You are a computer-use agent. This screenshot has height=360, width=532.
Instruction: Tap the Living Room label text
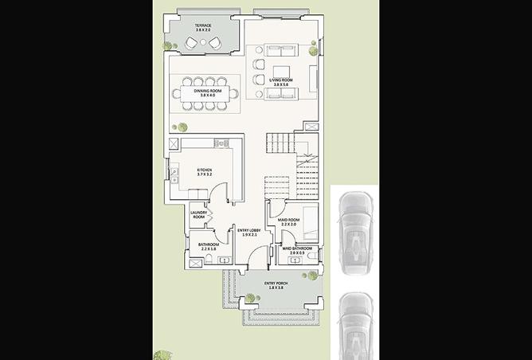click(x=280, y=81)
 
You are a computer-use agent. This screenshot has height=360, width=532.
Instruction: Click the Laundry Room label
click(x=198, y=215)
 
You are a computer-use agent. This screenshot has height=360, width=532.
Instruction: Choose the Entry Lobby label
click(x=249, y=232)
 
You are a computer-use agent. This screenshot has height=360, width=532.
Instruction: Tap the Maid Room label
click(x=288, y=222)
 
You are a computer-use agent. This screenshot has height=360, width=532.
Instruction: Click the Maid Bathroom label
click(x=296, y=249)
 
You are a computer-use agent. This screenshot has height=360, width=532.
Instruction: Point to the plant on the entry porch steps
click(x=251, y=298)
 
